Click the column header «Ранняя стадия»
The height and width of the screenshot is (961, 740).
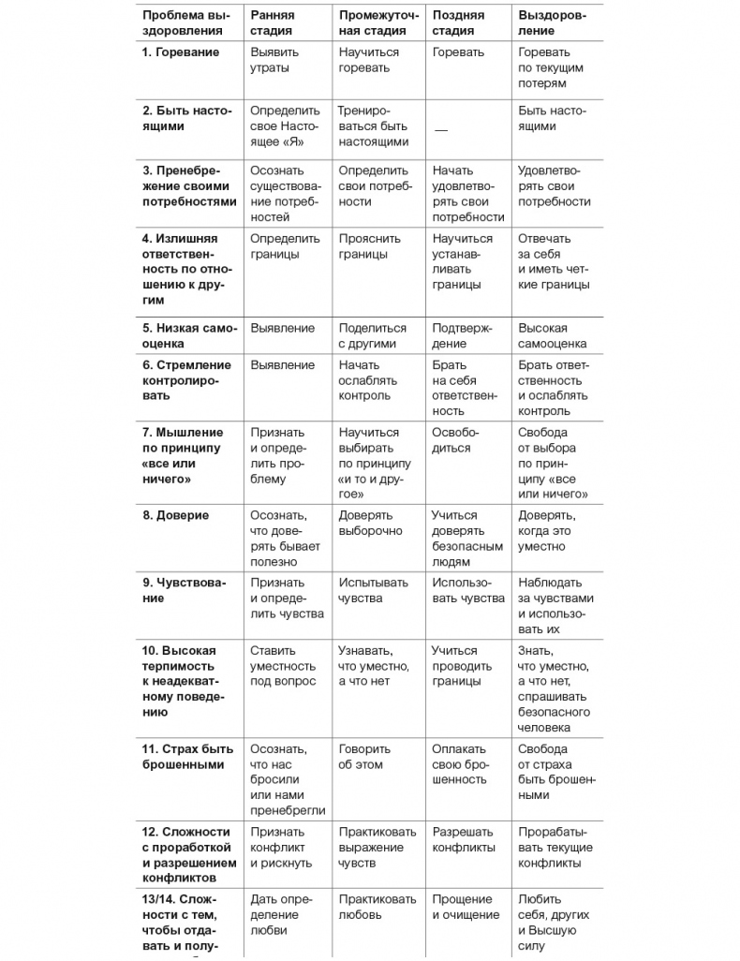click(272, 22)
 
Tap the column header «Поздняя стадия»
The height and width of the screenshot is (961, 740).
click(458, 22)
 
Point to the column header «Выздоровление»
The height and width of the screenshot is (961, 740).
click(553, 22)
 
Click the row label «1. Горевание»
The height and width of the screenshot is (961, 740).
click(181, 52)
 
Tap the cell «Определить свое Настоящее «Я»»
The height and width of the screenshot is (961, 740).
click(285, 126)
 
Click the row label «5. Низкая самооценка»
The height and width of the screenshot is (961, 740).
click(189, 336)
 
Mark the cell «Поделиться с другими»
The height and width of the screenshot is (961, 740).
click(372, 336)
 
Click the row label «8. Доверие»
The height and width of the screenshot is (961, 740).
click(176, 515)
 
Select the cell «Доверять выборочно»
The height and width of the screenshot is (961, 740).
click(370, 523)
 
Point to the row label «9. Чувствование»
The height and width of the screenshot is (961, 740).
click(185, 590)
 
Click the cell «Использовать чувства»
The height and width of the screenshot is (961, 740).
click(467, 590)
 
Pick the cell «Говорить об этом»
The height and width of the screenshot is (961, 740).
click(361, 757)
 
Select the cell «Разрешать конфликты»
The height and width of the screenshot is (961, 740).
click(463, 839)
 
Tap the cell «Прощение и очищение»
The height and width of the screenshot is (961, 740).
click(465, 907)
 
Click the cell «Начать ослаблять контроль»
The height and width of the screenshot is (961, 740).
click(367, 380)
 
